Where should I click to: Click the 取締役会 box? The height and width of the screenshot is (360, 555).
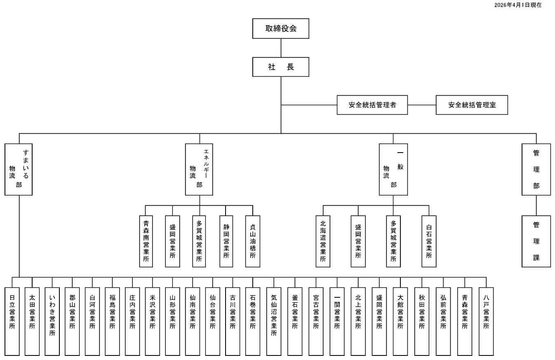(281, 28)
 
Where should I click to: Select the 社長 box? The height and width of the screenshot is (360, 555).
(281, 67)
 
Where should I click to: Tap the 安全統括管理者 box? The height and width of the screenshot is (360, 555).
(372, 105)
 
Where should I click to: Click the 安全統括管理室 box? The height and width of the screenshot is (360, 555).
(472, 105)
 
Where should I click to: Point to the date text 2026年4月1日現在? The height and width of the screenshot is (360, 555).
(518, 5)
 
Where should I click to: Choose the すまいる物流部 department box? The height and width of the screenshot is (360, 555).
(19, 169)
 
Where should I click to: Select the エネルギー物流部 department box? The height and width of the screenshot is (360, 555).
(199, 169)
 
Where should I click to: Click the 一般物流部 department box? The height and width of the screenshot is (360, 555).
(393, 169)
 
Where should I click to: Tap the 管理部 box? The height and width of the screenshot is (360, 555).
(536, 169)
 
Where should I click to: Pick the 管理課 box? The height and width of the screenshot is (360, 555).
(536, 241)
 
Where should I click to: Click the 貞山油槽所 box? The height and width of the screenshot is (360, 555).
(253, 241)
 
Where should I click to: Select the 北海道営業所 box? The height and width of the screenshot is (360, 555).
(323, 241)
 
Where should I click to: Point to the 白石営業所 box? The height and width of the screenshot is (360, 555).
(429, 241)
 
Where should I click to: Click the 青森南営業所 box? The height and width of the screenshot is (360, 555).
(146, 241)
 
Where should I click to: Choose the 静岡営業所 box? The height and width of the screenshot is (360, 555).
(226, 241)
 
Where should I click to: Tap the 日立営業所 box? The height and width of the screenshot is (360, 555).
(12, 322)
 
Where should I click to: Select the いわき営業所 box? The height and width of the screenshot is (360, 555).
(52, 322)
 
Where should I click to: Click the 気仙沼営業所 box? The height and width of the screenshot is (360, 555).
(274, 322)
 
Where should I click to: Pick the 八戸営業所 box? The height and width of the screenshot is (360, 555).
(486, 322)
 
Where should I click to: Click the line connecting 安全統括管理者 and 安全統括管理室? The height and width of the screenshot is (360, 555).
(422, 105)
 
